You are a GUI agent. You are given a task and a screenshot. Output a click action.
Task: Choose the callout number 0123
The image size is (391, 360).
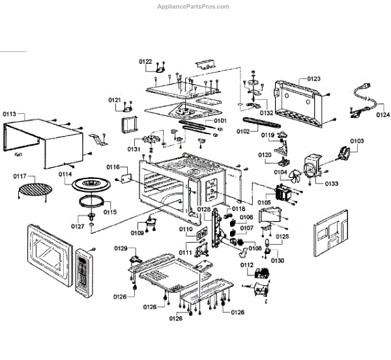[x=313, y=79]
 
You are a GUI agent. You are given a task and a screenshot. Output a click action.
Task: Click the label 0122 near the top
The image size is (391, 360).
[x=145, y=61]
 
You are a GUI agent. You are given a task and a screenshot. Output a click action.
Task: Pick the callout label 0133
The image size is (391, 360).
[x=332, y=184]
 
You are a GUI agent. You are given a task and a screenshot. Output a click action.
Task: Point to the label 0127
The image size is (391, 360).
[x=78, y=226]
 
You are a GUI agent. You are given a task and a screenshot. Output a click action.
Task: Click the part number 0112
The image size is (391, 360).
[x=246, y=265]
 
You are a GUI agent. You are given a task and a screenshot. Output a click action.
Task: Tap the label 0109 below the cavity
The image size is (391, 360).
[x=137, y=232]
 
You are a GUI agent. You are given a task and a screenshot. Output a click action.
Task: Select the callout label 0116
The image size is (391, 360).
[x=113, y=167]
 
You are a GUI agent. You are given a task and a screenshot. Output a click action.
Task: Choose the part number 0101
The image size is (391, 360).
[x=220, y=120]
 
